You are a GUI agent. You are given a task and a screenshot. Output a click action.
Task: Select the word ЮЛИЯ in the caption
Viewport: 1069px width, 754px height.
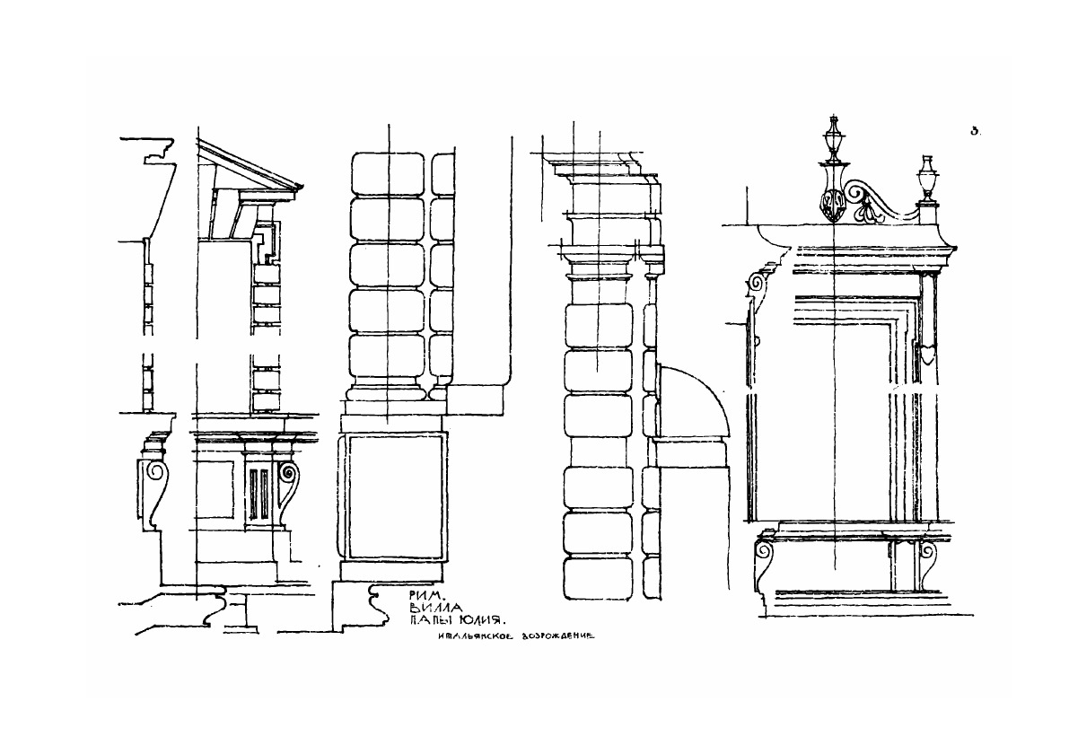tap(482, 620)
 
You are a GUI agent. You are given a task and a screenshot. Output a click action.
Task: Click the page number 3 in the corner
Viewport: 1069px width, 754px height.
tap(974, 131)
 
